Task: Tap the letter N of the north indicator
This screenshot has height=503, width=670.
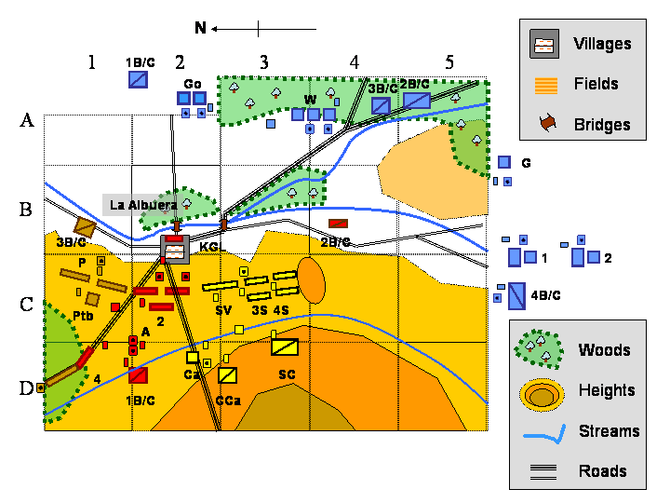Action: pyautogui.click(x=200, y=28)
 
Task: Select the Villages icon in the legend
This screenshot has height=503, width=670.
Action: pyautogui.click(x=544, y=44)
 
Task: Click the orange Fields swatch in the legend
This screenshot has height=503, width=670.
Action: pyautogui.click(x=544, y=85)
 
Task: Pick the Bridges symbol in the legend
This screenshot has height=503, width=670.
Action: pyautogui.click(x=544, y=123)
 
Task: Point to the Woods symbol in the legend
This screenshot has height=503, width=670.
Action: pyautogui.click(x=540, y=349)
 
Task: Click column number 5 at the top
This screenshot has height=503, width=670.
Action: pyautogui.click(x=449, y=62)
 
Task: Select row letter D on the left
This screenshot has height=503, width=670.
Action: pyautogui.click(x=26, y=387)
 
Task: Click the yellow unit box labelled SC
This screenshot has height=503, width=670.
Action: pyautogui.click(x=285, y=347)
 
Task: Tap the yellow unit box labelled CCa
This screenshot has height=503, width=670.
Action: pyautogui.click(x=228, y=374)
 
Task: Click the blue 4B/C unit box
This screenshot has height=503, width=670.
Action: pyautogui.click(x=516, y=295)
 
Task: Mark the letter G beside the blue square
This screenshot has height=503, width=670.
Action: pyautogui.click(x=526, y=163)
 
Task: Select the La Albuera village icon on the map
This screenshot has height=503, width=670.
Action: pyautogui.click(x=174, y=249)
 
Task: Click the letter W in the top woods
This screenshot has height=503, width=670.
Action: pyautogui.click(x=310, y=99)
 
